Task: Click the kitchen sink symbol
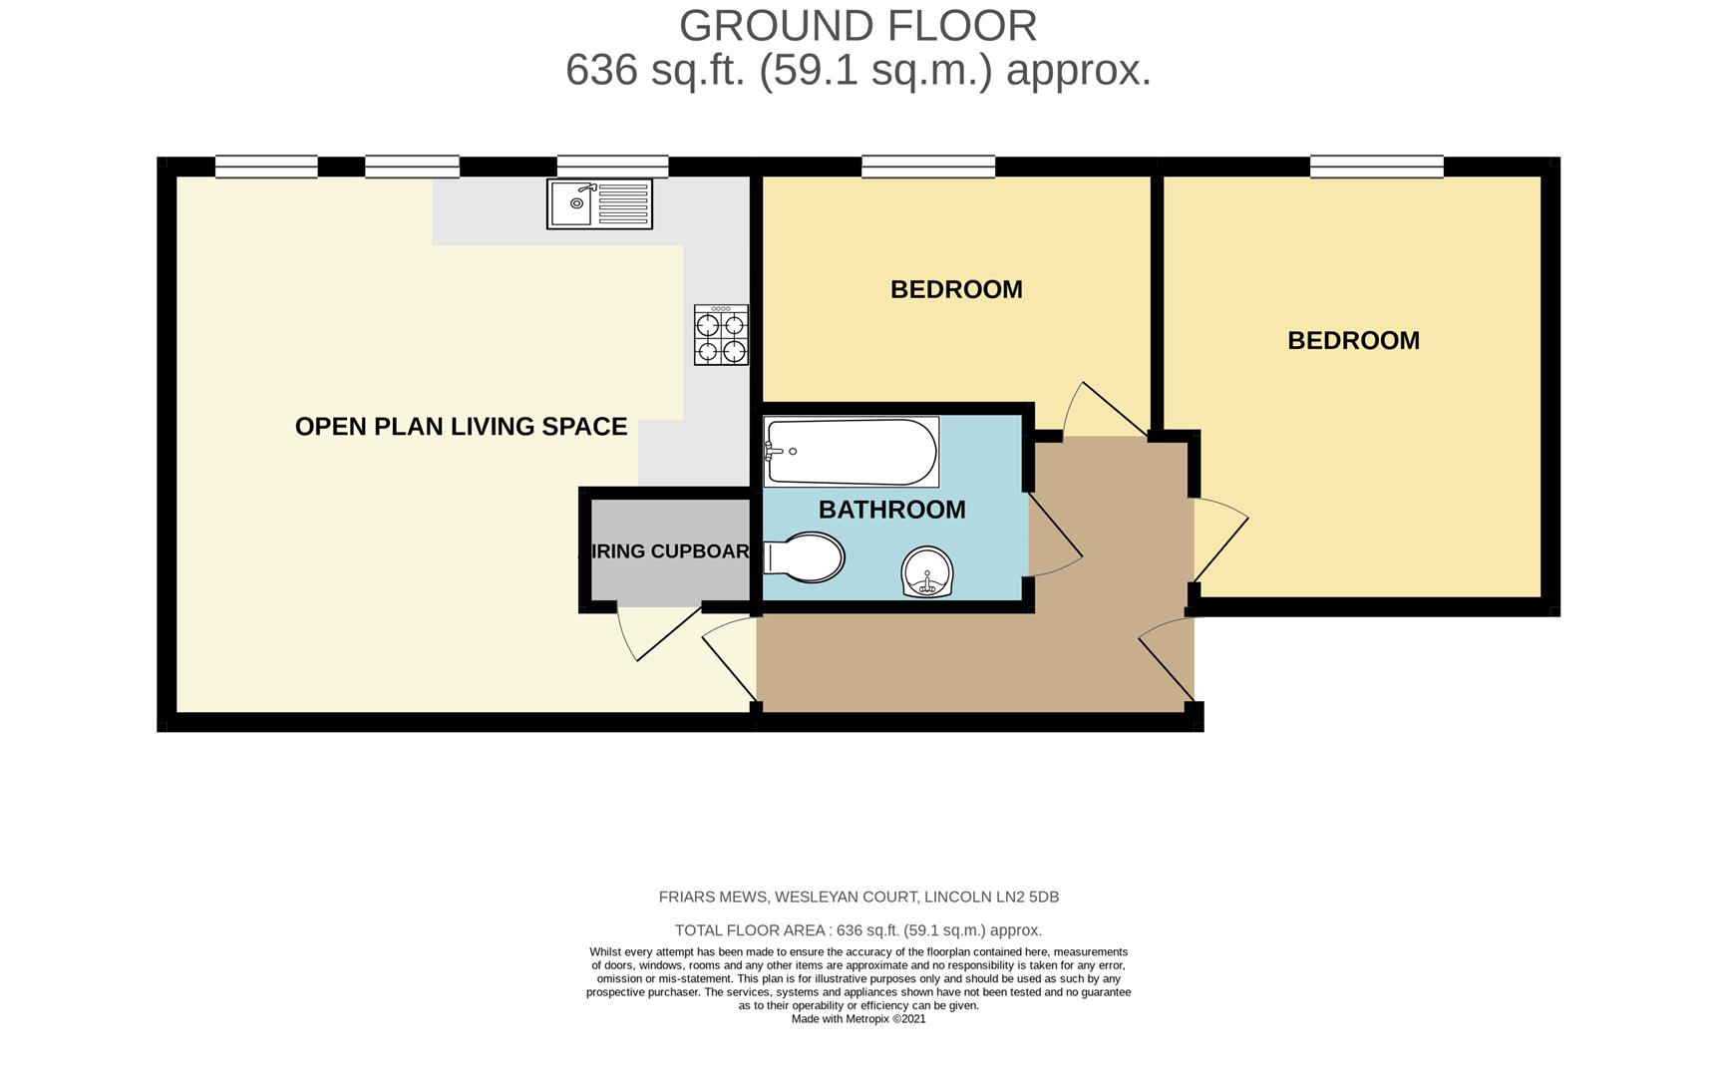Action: coord(599,203)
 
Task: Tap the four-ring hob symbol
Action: coord(721,336)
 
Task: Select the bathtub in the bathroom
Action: coord(851,452)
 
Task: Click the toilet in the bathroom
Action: coord(805,557)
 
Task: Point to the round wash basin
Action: coord(927,572)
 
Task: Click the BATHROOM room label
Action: coord(891,510)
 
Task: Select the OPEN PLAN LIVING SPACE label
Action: coord(461,427)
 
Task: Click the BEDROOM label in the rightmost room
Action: coord(1353,340)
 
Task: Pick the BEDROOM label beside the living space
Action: coord(956,289)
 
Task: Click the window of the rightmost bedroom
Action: coord(1376,167)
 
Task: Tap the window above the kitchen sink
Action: coord(612,167)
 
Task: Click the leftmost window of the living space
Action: coord(266,167)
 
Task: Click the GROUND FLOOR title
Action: coord(858,26)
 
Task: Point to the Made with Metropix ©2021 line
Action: coord(858,1019)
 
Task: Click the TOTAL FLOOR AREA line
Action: coord(858,930)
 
